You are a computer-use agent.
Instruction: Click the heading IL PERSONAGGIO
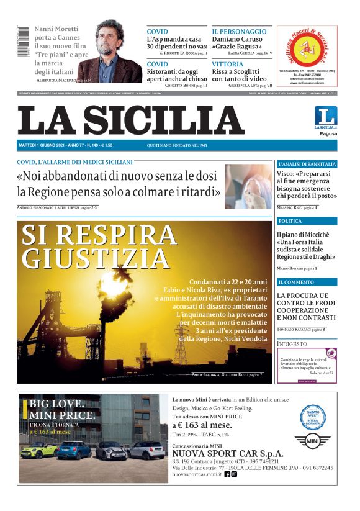tap(239, 31)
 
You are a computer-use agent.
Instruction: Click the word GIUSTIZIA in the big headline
tap(96, 257)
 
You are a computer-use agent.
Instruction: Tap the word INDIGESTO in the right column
tap(292, 343)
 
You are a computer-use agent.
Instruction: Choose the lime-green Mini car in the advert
tap(39, 450)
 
